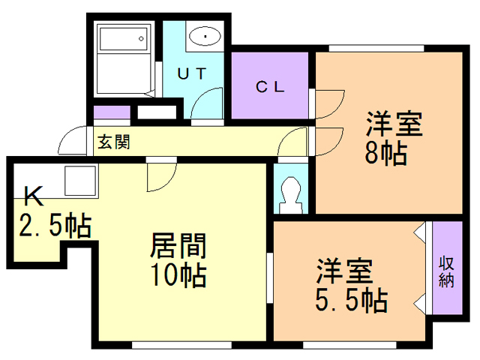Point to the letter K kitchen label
click(32, 196)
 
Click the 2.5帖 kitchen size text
click(55, 224)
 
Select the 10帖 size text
click(178, 276)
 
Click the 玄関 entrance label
click(113, 142)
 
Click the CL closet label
click(270, 86)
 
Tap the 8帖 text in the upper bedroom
click(386, 154)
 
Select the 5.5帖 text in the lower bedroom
click(349, 301)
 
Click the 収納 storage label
click(447, 271)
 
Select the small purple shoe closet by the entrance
click(111, 113)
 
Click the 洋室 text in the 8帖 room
click(394, 123)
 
